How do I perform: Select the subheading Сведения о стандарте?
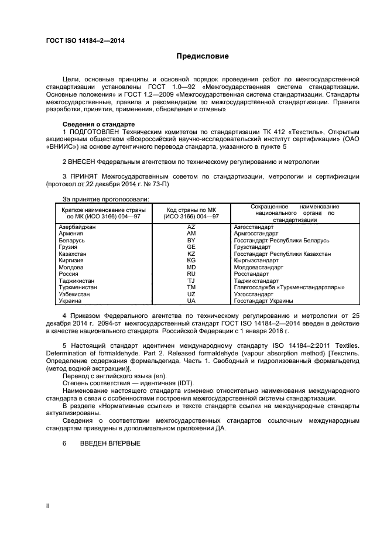pos(98,124)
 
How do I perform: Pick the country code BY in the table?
pos(191,241)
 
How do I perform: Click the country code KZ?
pos(191,254)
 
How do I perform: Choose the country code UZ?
pos(191,294)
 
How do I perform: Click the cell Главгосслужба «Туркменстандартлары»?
pos(289,287)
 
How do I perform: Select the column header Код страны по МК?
pos(192,210)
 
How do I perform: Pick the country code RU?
pos(191,274)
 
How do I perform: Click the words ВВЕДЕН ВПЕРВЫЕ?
pos(110,443)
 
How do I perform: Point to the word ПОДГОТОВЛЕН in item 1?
pos(91,131)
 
